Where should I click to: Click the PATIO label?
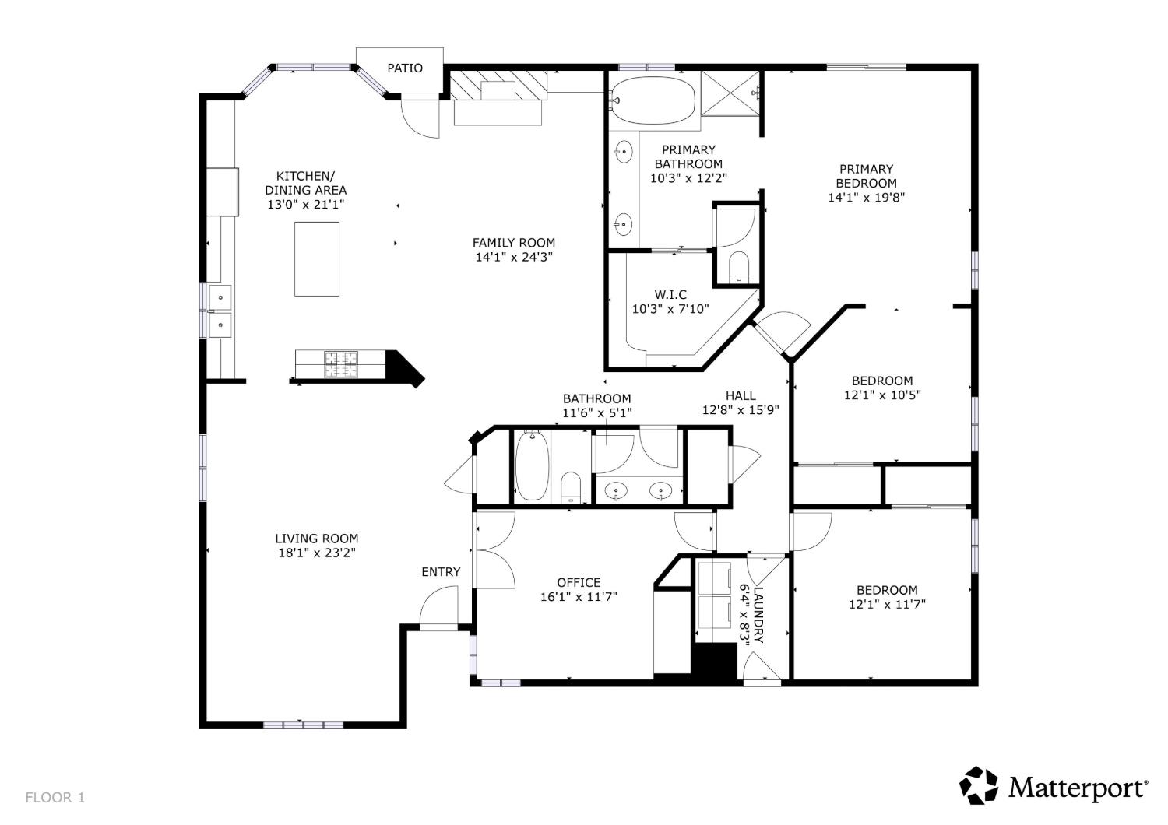click(405, 68)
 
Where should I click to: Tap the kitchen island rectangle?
click(316, 259)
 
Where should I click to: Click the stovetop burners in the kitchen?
click(342, 364)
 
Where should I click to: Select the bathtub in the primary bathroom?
click(653, 100)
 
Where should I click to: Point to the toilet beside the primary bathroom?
click(738, 266)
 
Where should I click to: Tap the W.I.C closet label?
click(670, 294)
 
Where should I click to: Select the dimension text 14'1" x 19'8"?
click(866, 197)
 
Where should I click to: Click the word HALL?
click(741, 395)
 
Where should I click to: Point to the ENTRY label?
click(441, 572)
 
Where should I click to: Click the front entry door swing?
click(439, 605)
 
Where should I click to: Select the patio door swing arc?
click(420, 118)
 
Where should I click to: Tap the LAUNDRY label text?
click(758, 615)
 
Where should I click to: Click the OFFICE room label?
click(579, 582)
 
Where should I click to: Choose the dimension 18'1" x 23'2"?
click(316, 553)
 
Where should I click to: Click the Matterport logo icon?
click(979, 785)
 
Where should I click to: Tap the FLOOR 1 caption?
click(55, 798)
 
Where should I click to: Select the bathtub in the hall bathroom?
click(532, 465)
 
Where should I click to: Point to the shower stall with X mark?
click(730, 94)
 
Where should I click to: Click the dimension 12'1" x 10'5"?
click(882, 395)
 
